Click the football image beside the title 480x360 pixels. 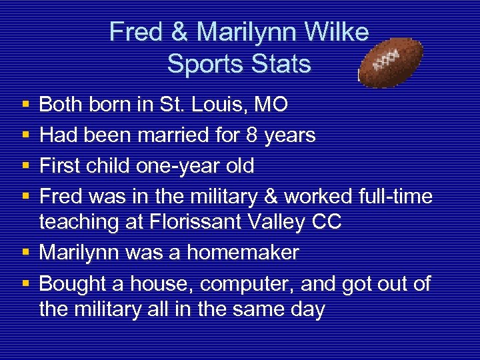point(391,63)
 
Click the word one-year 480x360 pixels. point(169,166)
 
